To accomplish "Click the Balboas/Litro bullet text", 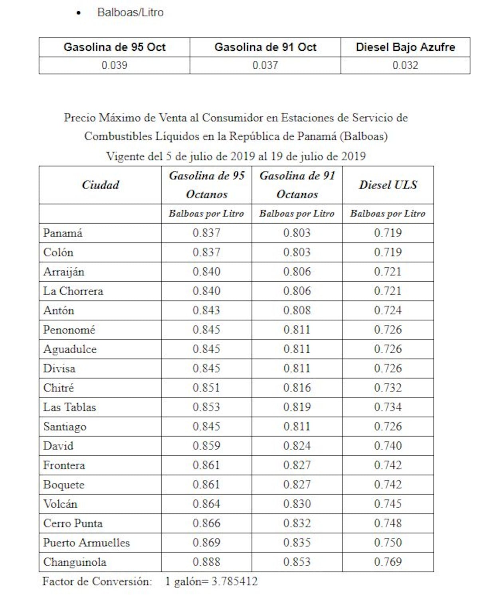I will (x=130, y=12).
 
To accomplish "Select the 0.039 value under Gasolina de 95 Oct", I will (x=114, y=65).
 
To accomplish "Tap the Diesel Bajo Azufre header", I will (x=405, y=47).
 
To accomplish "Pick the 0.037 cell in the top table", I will (x=265, y=65).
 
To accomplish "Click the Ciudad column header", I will (x=100, y=185).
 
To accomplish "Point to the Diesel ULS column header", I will (x=388, y=185).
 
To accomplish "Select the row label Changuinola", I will (x=75, y=562).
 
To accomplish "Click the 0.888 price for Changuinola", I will (x=206, y=562).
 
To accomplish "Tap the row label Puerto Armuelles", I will (x=86, y=542).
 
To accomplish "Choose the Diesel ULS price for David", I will (x=388, y=446).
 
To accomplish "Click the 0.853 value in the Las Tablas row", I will (x=206, y=407).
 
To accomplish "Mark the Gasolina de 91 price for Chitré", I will (x=297, y=387).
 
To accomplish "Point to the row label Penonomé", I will (x=69, y=330).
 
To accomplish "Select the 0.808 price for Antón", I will (x=297, y=310).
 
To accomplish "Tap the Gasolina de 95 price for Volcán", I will (x=206, y=504).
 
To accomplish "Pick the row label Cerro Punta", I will (x=73, y=523).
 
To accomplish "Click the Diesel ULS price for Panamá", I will (x=388, y=233).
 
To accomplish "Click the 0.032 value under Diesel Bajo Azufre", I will (x=405, y=65).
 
